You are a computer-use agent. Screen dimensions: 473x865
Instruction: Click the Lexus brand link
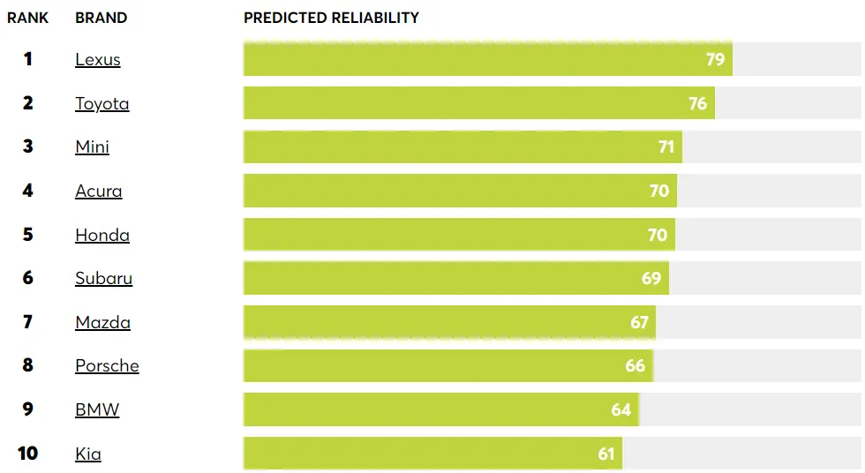tap(97, 60)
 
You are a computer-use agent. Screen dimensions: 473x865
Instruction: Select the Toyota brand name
tap(102, 103)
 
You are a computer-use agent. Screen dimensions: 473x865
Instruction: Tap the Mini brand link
tap(92, 147)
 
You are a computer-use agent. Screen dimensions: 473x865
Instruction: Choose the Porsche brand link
tap(107, 366)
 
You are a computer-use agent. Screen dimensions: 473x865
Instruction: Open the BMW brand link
tap(97, 409)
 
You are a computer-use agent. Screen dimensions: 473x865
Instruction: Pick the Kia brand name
tap(88, 454)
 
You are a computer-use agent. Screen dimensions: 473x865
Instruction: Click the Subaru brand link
tap(103, 279)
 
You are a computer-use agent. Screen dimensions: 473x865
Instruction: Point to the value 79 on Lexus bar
tap(715, 59)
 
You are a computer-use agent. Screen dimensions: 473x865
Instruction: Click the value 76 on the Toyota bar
tap(697, 103)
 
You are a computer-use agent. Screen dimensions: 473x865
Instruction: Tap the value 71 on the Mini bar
tap(666, 147)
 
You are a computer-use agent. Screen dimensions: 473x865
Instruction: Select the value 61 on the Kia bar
tap(605, 454)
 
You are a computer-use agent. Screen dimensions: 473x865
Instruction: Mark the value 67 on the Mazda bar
tap(639, 322)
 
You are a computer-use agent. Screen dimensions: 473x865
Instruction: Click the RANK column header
tap(28, 18)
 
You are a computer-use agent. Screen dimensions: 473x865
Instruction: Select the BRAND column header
tap(101, 18)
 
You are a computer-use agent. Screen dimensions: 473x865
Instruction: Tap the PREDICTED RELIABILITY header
tap(331, 18)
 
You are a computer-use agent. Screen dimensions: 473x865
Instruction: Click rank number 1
tap(28, 59)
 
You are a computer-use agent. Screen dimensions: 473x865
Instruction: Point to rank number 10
tap(28, 454)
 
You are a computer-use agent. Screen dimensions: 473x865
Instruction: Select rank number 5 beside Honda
tap(28, 235)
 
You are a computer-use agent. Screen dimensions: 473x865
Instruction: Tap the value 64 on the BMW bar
tap(621, 409)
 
